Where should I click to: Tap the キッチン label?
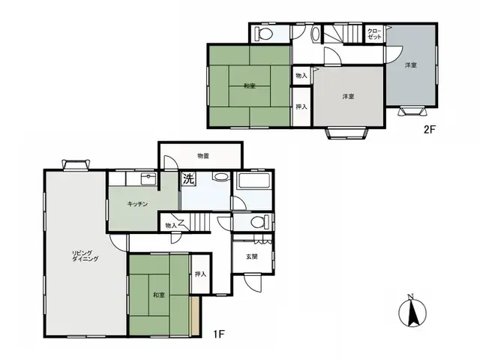136,203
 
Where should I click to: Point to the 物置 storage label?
202,156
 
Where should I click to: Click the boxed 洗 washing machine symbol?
188,180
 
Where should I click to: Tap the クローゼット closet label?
373,34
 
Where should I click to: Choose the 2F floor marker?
430,128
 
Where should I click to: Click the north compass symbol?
410,311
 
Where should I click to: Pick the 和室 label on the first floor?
158,294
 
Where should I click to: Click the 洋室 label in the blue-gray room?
411,66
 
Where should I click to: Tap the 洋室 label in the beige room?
348,96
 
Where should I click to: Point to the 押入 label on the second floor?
301,106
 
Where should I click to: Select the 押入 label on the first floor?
200,274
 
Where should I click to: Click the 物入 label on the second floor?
301,76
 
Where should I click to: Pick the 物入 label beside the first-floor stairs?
170,224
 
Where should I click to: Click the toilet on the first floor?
256,221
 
